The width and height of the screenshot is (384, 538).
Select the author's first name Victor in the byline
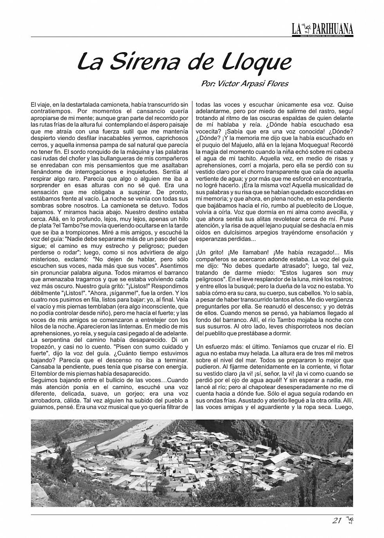pos(230,84)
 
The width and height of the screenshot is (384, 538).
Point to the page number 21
pos(336,521)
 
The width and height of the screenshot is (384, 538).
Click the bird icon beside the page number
pos(349,521)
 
